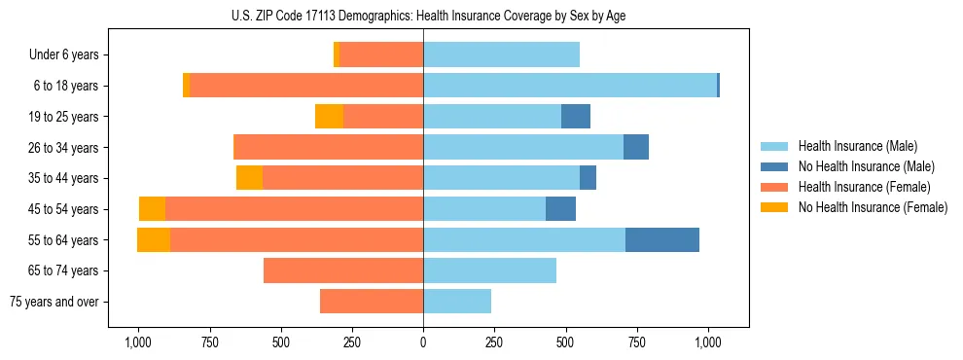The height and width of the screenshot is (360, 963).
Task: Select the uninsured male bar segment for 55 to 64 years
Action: pos(661,239)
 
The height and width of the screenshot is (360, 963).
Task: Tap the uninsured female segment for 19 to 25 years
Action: pos(329,117)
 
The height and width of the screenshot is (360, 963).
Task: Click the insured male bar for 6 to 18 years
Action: pos(569,86)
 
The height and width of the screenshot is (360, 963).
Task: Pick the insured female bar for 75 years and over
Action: pos(371,302)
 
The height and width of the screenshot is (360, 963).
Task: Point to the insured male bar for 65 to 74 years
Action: pos(489,270)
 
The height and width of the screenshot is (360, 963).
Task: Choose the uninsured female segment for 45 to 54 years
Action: pos(152,209)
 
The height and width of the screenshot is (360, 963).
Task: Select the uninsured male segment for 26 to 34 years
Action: pos(636,147)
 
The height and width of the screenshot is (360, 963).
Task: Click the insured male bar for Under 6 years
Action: pos(501,54)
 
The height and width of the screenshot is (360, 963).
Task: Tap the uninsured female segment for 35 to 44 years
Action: pos(249,178)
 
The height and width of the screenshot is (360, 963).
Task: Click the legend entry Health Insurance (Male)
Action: pos(857,146)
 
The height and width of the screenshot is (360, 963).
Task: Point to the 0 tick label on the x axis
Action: pos(423,342)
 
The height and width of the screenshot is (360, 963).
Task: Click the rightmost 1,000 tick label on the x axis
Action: pos(707,342)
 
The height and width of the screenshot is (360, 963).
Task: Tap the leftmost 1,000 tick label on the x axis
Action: pos(137,342)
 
